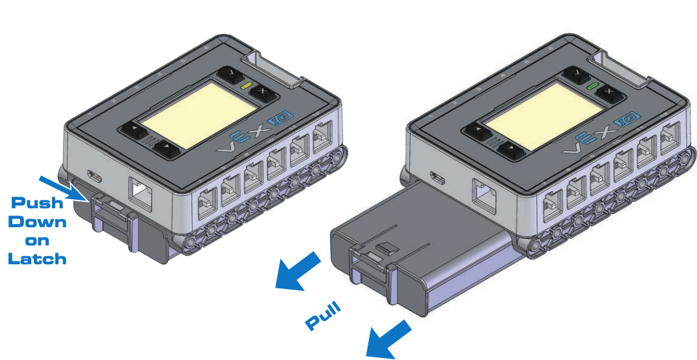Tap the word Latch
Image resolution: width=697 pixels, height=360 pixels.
37,258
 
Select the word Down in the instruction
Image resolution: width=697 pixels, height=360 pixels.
38,221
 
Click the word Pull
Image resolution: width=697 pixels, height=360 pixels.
323,315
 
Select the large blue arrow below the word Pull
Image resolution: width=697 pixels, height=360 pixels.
389,339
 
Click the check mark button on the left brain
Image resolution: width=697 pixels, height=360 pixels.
230,74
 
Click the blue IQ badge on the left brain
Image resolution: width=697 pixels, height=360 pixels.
275,120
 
